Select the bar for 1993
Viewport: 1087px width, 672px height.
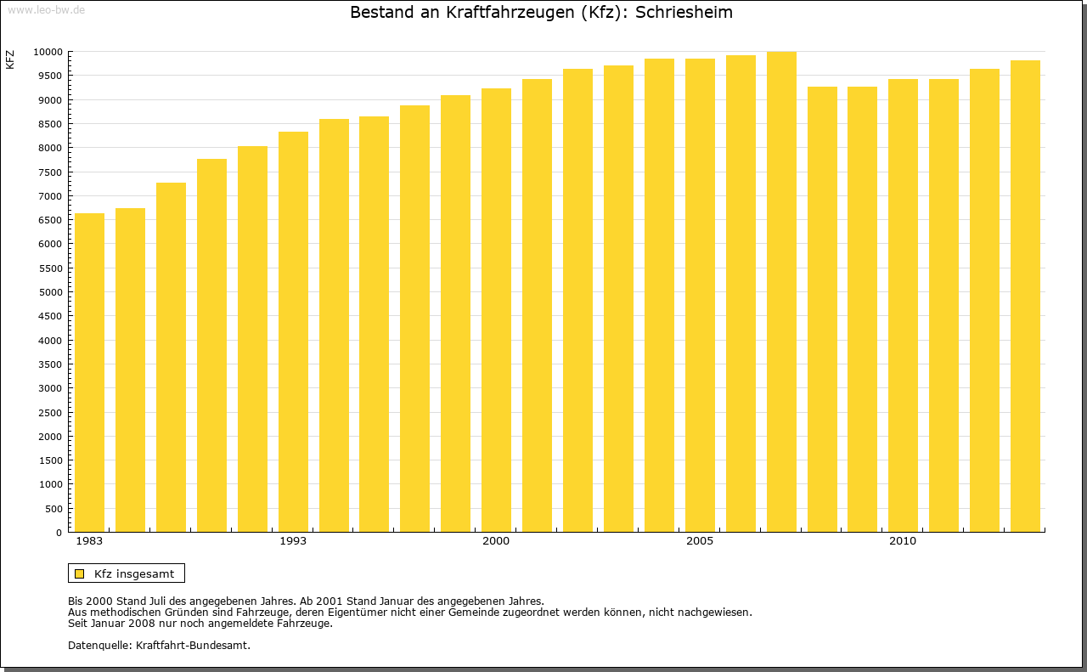293,331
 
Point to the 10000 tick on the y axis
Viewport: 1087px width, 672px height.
48,52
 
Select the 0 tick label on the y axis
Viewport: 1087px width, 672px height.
59,533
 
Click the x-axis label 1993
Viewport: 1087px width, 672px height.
293,541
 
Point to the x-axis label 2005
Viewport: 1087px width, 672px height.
700,541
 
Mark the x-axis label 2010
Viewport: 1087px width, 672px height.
903,541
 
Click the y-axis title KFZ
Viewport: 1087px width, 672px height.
10,59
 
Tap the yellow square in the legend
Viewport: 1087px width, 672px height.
79,573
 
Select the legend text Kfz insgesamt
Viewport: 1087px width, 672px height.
134,573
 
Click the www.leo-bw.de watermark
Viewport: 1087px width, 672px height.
45,8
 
